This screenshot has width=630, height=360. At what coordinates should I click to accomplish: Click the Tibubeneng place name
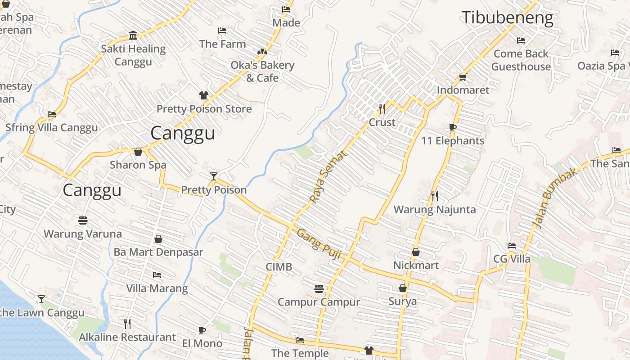click(508, 18)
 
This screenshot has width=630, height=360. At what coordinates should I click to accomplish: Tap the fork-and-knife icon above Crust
click(382, 108)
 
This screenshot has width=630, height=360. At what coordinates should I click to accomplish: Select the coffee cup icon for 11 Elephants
click(453, 127)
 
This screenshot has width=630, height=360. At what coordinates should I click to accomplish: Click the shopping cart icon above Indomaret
click(463, 77)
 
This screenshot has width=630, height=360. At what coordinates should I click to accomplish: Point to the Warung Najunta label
click(434, 209)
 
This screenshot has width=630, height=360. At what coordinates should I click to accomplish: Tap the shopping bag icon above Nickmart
click(416, 252)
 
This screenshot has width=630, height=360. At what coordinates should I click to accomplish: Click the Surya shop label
click(402, 301)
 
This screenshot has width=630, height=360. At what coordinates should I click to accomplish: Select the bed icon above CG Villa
click(512, 246)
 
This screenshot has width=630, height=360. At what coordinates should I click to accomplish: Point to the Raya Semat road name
click(328, 176)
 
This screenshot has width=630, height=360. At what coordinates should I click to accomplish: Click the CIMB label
click(279, 267)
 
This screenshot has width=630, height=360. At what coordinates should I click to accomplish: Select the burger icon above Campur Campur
click(319, 288)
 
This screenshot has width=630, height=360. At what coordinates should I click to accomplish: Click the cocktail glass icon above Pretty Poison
click(214, 176)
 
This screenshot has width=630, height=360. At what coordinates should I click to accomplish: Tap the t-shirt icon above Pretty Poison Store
click(204, 95)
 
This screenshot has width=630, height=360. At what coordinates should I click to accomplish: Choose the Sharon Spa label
click(138, 165)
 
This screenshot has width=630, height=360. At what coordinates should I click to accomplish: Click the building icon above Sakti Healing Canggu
click(133, 36)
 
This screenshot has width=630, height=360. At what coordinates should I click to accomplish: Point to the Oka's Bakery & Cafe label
click(262, 71)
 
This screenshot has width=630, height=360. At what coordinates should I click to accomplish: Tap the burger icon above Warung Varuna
click(82, 220)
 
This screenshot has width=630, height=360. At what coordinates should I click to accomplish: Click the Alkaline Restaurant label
click(127, 337)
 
